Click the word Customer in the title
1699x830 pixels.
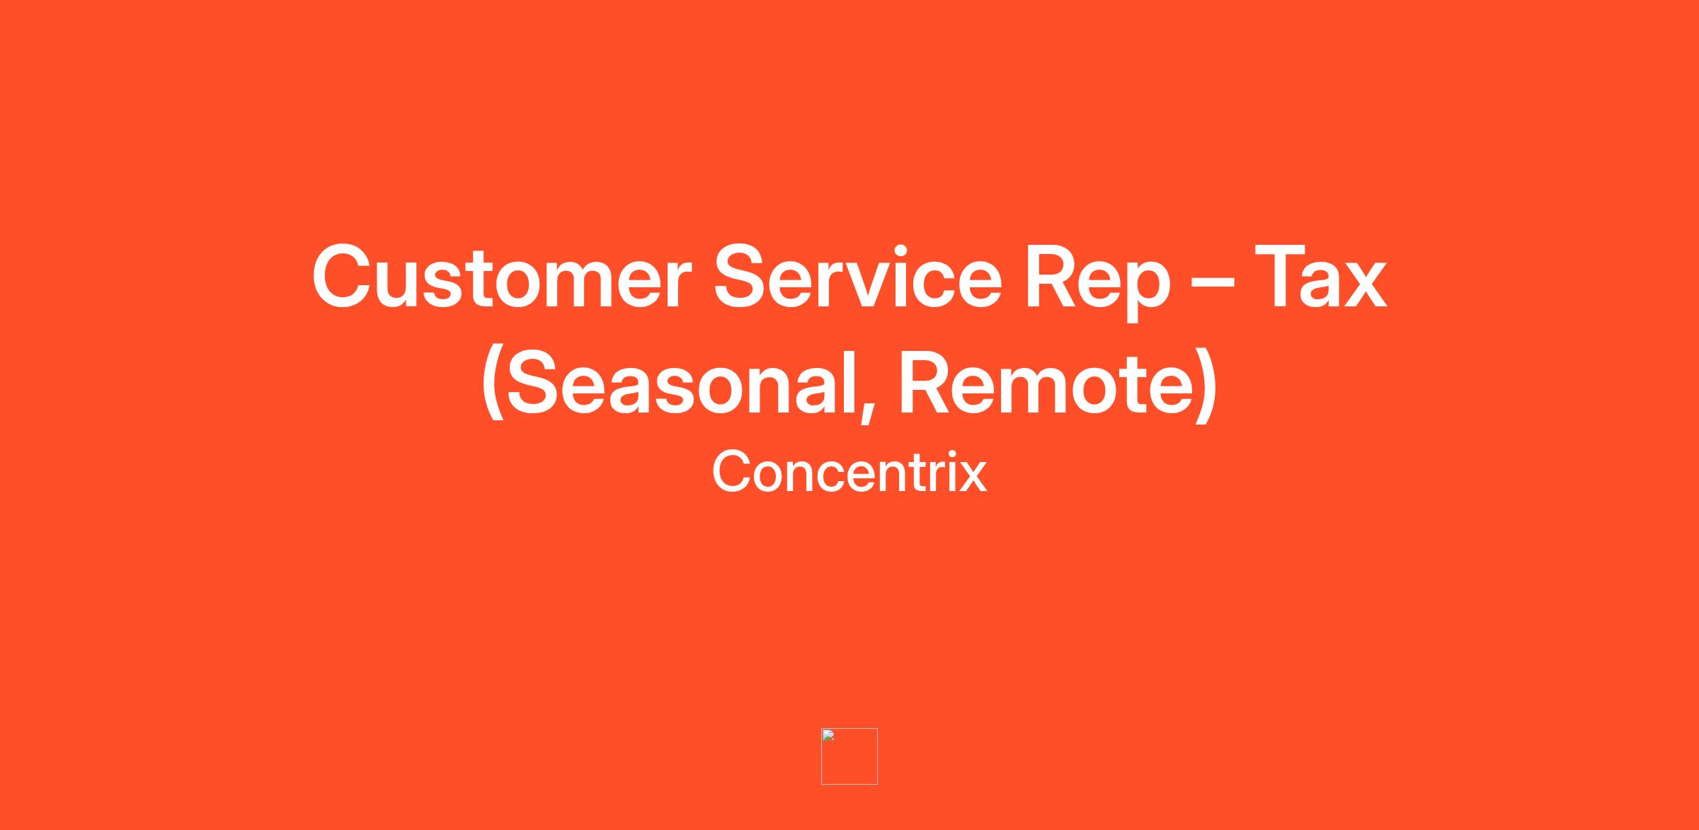click(x=501, y=277)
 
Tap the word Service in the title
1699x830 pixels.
click(x=857, y=276)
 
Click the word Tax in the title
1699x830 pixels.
click(x=1321, y=277)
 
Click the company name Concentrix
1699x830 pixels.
click(x=849, y=471)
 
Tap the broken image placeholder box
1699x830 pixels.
click(x=849, y=756)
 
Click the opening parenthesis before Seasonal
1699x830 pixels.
click(x=493, y=385)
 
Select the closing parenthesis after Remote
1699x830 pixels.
click(x=1206, y=385)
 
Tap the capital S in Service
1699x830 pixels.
click(x=742, y=277)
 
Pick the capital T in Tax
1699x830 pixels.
click(x=1281, y=277)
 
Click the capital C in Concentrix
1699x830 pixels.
click(x=731, y=471)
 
